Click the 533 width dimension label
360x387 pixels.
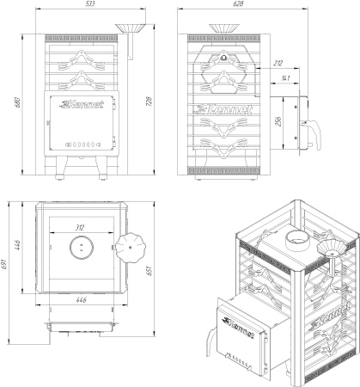click(89, 3)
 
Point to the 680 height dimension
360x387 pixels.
click(17, 102)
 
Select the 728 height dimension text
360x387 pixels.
click(149, 101)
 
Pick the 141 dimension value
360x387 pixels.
click(285, 78)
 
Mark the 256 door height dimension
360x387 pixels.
click(278, 121)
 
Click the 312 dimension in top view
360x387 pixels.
click(80, 228)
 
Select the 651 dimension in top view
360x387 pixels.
click(149, 271)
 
